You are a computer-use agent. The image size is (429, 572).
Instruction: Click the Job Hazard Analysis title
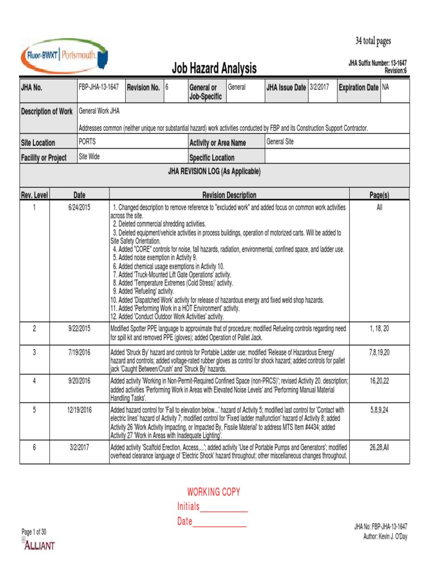pyautogui.click(x=213, y=69)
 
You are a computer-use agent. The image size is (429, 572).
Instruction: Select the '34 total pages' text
pyautogui.click(x=373, y=41)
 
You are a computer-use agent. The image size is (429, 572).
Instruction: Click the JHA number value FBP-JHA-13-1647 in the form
pyautogui.click(x=99, y=87)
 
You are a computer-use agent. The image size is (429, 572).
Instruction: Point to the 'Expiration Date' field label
pyautogui.click(x=358, y=88)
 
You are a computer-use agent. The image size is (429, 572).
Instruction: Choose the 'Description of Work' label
pyautogui.click(x=47, y=112)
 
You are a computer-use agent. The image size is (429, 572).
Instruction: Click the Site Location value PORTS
pyautogui.click(x=87, y=142)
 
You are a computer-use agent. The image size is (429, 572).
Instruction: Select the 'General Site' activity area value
pyautogui.click(x=280, y=142)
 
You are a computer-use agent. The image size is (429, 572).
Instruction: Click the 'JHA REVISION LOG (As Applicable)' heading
pyautogui.click(x=214, y=171)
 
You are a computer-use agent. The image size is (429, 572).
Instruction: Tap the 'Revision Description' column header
pyautogui.click(x=229, y=195)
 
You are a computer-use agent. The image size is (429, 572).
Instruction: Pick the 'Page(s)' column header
pyautogui.click(x=379, y=195)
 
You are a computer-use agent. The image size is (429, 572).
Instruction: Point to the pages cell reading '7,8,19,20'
pyautogui.click(x=379, y=352)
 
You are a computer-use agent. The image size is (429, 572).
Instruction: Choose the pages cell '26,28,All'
pyautogui.click(x=379, y=447)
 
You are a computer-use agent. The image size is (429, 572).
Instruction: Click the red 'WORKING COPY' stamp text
pyautogui.click(x=213, y=492)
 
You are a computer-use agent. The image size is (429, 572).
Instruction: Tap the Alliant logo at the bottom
pyautogui.click(x=39, y=545)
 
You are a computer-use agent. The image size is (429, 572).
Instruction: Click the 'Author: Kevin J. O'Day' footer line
pyautogui.click(x=385, y=537)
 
